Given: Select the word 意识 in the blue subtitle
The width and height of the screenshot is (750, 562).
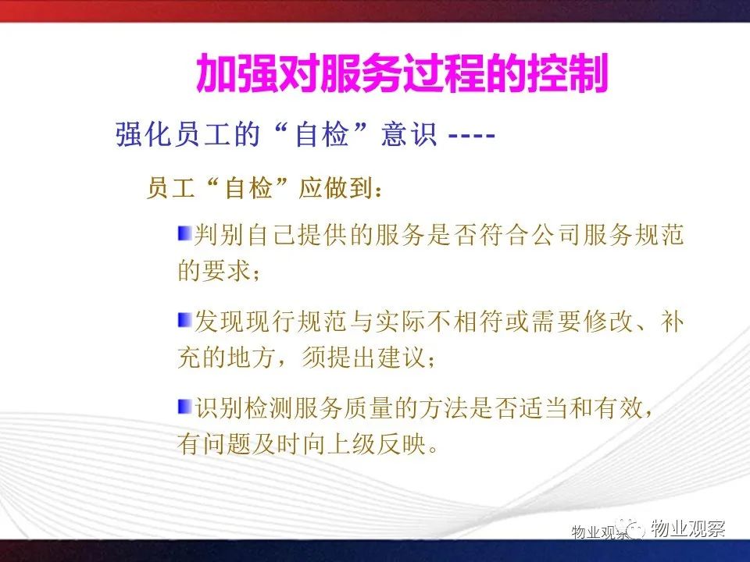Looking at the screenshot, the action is [409, 134].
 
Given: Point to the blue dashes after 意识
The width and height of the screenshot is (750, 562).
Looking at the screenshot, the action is [471, 136].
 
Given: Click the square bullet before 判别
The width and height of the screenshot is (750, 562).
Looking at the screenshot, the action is [184, 233].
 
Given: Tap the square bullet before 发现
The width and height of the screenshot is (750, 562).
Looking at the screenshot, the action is [184, 320].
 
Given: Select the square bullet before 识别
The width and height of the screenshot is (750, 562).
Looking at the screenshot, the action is [184, 407].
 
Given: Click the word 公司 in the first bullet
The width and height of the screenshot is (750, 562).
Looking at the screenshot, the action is [556, 235].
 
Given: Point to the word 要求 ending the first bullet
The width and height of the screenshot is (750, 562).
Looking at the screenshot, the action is [227, 271].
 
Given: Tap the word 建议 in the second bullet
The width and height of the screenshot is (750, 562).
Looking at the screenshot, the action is [401, 357].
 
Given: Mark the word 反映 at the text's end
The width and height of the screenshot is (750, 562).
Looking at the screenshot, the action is [401, 443].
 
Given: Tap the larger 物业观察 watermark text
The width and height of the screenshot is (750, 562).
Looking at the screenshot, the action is [687, 528].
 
